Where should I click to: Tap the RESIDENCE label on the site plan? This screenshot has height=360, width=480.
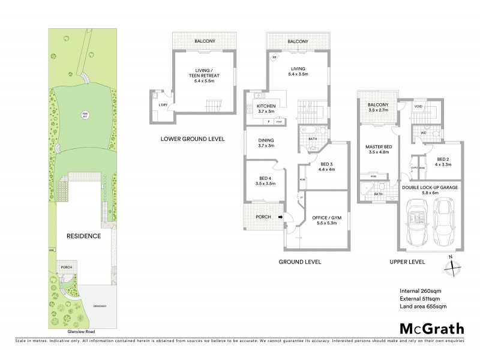click(x=83, y=236)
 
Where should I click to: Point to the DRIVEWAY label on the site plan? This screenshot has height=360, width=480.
click(x=100, y=307)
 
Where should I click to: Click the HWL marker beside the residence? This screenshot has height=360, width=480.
click(x=52, y=251)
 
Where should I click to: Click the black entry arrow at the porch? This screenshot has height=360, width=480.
click(x=279, y=217)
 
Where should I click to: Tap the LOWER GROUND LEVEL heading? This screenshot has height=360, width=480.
click(x=192, y=139)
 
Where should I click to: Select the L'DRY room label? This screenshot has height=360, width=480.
click(x=163, y=105)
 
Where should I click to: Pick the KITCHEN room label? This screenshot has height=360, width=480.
click(x=266, y=106)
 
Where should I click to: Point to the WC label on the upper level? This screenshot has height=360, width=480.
click(x=423, y=132)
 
